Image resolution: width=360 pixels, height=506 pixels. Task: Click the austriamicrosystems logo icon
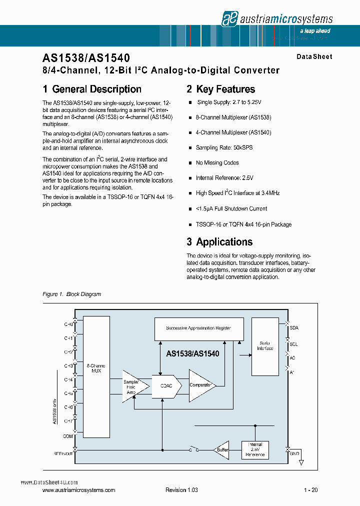[x=228, y=19]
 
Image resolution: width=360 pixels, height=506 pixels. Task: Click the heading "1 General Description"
[x=92, y=89]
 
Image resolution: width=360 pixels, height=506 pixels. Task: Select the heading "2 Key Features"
[x=220, y=89]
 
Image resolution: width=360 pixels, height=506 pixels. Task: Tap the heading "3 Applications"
[x=219, y=242]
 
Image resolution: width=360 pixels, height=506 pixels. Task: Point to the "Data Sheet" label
[x=314, y=57]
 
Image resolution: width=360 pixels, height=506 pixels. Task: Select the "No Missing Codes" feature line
[x=217, y=163]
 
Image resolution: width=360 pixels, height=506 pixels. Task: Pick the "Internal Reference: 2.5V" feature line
[x=224, y=178]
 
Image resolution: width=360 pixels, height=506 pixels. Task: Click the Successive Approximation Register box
[x=198, y=328]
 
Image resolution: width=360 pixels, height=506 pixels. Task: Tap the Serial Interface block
[x=265, y=346]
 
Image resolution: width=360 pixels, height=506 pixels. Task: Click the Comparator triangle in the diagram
[x=201, y=385]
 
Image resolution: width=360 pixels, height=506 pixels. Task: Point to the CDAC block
[x=165, y=386]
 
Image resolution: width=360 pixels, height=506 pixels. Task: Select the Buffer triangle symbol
[x=221, y=449]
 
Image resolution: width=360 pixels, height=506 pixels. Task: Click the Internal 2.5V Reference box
[x=255, y=449]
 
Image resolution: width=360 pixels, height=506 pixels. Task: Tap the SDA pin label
[x=294, y=328]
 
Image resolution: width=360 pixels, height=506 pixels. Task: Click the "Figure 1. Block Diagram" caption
[x=71, y=294]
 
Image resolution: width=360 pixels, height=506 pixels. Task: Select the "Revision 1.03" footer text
[x=181, y=490]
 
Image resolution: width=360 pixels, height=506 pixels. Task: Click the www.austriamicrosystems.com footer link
[x=79, y=490]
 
